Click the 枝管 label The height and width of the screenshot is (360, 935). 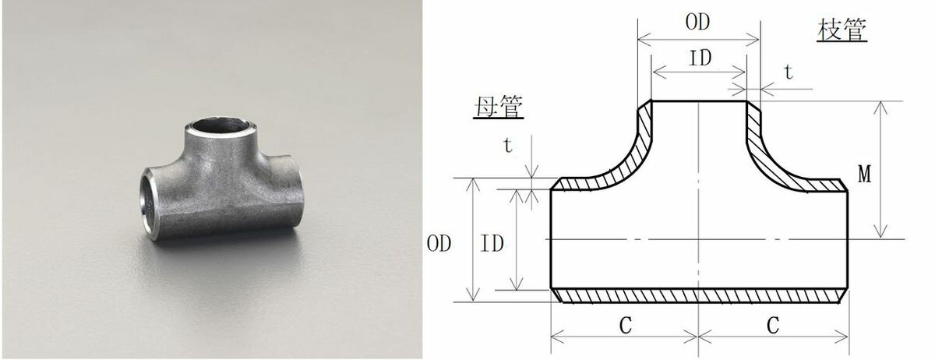(x=842, y=31)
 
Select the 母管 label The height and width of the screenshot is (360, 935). (x=496, y=106)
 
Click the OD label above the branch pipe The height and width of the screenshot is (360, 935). (x=697, y=23)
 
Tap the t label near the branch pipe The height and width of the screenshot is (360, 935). (x=788, y=72)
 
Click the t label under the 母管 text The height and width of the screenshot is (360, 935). (x=507, y=145)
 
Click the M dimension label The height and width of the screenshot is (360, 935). (x=864, y=175)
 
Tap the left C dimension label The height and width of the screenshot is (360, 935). (x=625, y=326)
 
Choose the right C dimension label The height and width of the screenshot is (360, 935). (x=772, y=326)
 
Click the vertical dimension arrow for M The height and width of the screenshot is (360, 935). (x=880, y=170)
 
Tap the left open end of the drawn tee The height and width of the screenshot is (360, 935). (x=551, y=238)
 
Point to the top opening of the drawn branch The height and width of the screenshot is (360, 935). (x=699, y=101)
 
